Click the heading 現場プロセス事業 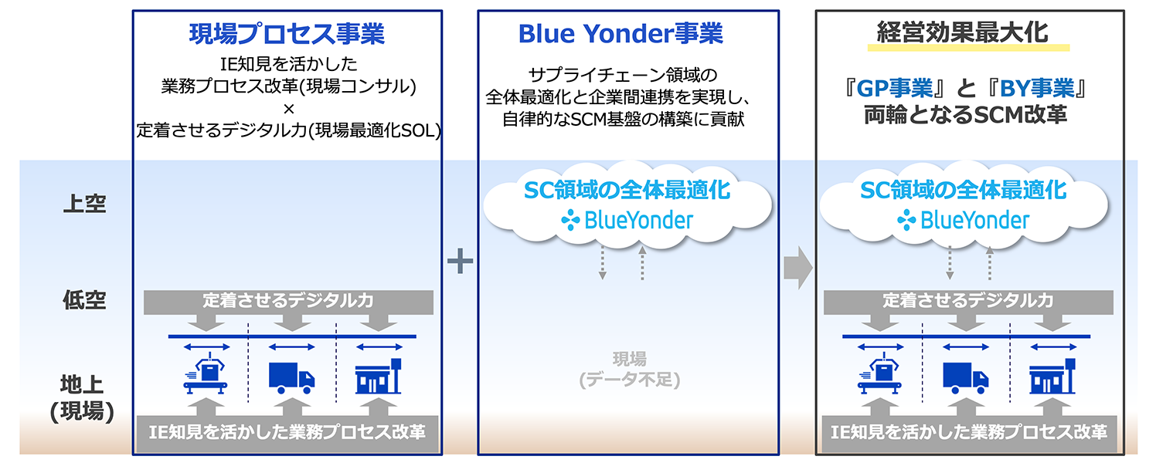(x=287, y=35)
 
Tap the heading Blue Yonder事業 (x=620, y=34)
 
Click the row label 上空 (x=84, y=204)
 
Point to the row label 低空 (x=84, y=301)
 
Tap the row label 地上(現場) (x=83, y=397)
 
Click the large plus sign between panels (x=460, y=262)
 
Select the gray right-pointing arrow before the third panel (x=797, y=269)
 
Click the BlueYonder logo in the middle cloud (x=627, y=221)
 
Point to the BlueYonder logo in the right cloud (x=963, y=221)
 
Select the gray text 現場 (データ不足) (x=629, y=369)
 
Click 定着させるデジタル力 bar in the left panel (x=287, y=300)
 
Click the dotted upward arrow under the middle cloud (x=642, y=264)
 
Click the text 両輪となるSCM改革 (x=965, y=116)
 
